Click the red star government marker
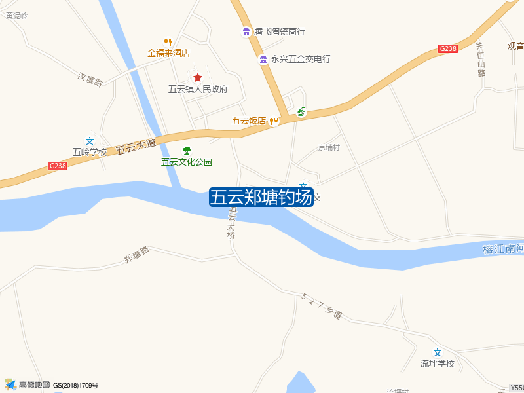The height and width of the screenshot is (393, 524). [x=198, y=77]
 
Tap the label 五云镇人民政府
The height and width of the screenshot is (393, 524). [x=198, y=89]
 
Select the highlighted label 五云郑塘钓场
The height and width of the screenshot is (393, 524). [x=261, y=197]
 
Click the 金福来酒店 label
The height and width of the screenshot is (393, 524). [x=168, y=53]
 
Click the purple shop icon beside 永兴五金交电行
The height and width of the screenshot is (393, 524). [x=263, y=60]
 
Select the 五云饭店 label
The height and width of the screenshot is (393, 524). [x=248, y=121]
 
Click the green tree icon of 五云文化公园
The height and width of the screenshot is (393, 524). [x=187, y=151]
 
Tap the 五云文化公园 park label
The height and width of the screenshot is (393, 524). [x=187, y=162]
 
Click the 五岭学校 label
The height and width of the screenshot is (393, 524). [x=89, y=152]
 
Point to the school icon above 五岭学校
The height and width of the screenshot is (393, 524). [x=90, y=141]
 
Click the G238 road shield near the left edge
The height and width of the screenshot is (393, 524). [x=58, y=166]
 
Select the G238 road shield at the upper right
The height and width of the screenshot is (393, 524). [x=448, y=48]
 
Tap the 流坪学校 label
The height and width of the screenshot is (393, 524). [x=437, y=364]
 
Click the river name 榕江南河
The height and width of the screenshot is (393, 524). [x=502, y=249]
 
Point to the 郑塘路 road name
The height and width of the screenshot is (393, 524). [x=136, y=255]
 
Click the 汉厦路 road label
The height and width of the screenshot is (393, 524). [x=90, y=80]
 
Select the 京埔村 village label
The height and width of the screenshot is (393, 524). [x=329, y=147]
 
